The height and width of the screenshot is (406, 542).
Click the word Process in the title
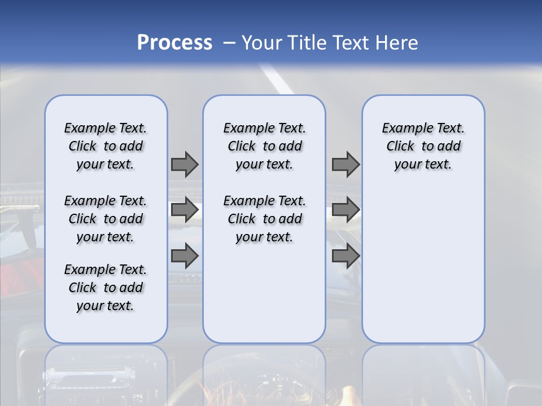(174, 43)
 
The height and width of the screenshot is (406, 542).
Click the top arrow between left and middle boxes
(185, 164)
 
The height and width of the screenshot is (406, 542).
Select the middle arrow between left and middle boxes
(185, 210)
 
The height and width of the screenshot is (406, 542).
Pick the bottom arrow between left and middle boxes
(185, 256)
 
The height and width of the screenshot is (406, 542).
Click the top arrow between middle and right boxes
(346, 164)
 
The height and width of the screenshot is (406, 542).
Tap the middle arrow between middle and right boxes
(346, 210)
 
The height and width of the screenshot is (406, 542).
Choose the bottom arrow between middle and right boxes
(346, 256)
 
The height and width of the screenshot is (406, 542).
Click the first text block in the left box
(106, 146)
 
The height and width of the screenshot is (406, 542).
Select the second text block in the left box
(106, 219)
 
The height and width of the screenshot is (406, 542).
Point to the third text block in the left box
(106, 288)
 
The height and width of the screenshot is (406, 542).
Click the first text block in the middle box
(264, 146)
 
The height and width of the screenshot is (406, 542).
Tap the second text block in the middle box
(264, 219)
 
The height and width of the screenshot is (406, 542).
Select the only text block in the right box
(423, 146)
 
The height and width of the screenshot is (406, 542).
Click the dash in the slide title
(229, 43)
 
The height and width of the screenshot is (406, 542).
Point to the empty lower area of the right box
(423, 265)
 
